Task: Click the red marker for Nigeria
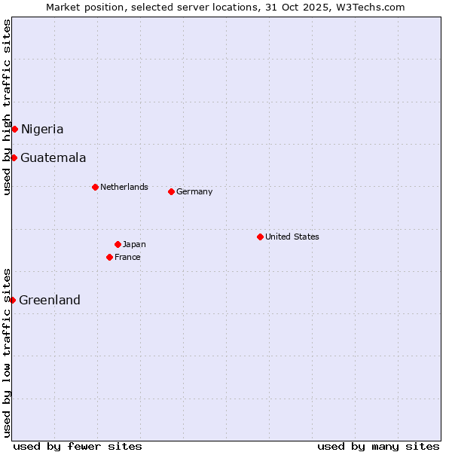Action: point(14,129)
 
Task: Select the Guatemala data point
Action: point(14,157)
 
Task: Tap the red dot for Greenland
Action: point(12,300)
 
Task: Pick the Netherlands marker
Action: point(95,187)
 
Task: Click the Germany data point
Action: point(171,191)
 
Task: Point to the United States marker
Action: point(260,237)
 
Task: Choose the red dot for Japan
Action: point(118,244)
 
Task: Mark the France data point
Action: point(109,257)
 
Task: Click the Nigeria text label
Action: point(42,129)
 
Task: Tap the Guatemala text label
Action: point(53,157)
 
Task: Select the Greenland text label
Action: point(50,300)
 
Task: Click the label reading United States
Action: point(292,237)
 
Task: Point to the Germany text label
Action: point(194,191)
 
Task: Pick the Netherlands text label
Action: point(124,187)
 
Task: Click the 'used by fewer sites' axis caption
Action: point(78,446)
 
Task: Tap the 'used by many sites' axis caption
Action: point(378,446)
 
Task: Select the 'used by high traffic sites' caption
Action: point(7,107)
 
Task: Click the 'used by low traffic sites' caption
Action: point(7,353)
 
